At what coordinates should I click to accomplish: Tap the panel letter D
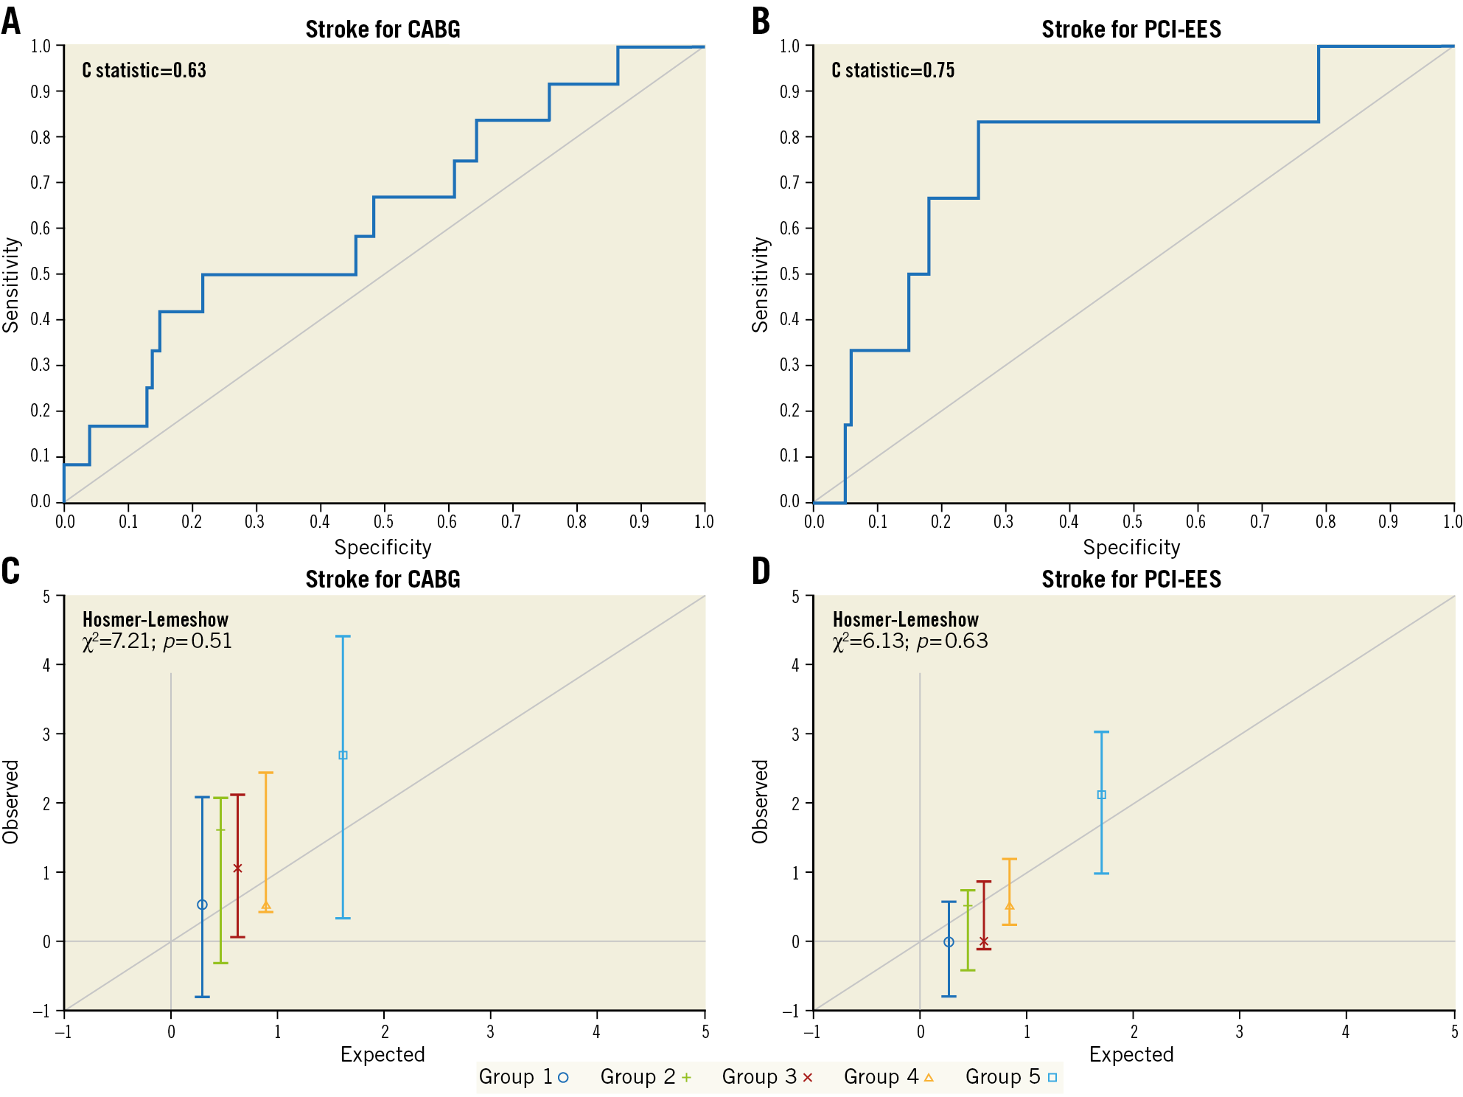click(761, 571)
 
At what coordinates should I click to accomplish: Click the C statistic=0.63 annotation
click(144, 71)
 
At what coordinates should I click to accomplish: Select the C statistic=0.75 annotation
click(893, 71)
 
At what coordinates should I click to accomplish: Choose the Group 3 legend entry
click(767, 1077)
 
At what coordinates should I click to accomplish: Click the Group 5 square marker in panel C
click(343, 756)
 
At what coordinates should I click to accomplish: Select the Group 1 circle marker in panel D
click(949, 942)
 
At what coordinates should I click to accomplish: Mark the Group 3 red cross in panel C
click(237, 868)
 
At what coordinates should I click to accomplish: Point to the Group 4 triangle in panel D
click(1009, 906)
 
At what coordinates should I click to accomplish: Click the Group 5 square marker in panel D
click(1102, 795)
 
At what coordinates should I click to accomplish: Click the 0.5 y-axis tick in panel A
click(41, 274)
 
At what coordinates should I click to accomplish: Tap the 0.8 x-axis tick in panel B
click(1325, 522)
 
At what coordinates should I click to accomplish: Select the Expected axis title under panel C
click(383, 1054)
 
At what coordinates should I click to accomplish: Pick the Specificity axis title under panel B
click(1131, 547)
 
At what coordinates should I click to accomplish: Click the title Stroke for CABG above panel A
click(383, 29)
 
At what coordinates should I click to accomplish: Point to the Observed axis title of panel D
click(760, 801)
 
